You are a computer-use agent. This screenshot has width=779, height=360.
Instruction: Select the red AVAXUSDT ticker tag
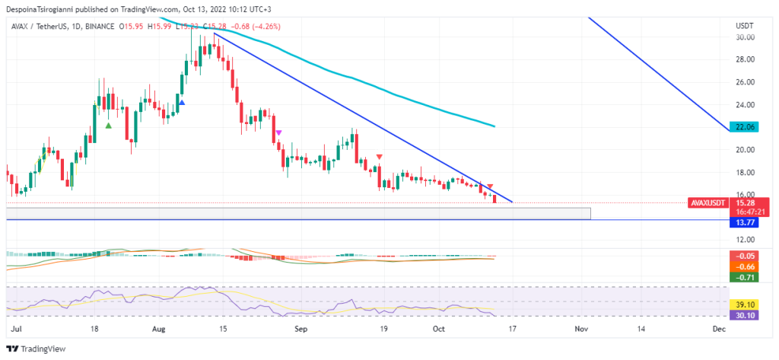click(707, 204)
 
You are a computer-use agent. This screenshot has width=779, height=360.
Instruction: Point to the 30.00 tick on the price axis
click(745, 37)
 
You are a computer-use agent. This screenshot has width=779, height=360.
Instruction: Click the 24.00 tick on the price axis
click(745, 105)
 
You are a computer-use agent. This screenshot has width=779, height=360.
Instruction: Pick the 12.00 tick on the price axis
click(745, 240)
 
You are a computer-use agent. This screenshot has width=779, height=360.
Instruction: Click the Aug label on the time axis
click(157, 329)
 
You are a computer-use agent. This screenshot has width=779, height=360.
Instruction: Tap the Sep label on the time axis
click(301, 329)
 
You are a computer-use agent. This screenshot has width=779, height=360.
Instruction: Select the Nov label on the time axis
click(581, 329)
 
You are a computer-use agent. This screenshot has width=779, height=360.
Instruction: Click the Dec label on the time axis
click(717, 329)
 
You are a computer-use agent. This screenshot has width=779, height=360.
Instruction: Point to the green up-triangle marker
click(109, 126)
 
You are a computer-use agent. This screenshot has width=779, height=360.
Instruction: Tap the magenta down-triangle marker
click(278, 132)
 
